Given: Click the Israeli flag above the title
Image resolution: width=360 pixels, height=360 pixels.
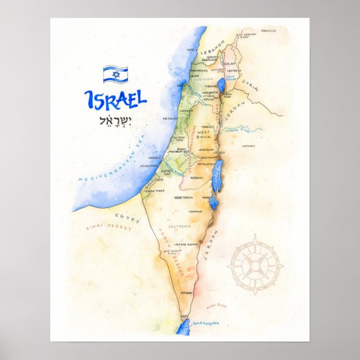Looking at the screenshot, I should (x=115, y=74).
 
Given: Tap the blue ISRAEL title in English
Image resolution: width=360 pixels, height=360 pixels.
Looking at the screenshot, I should (x=115, y=99).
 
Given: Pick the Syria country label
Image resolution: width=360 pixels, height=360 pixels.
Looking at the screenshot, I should (x=250, y=84).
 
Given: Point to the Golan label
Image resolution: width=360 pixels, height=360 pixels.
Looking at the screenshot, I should (x=230, y=64).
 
